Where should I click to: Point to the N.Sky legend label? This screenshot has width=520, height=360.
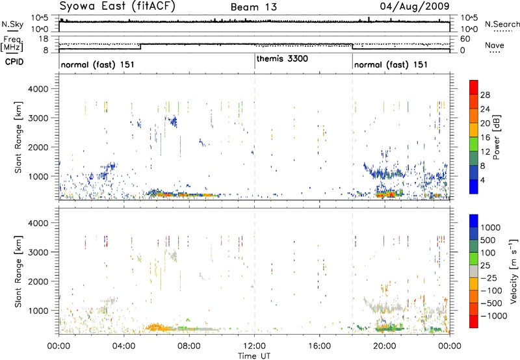click(10, 23)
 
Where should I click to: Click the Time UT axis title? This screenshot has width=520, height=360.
click(254, 357)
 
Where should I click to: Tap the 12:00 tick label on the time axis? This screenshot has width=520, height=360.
click(254, 346)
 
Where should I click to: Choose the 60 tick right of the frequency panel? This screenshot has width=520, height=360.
click(465, 38)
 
